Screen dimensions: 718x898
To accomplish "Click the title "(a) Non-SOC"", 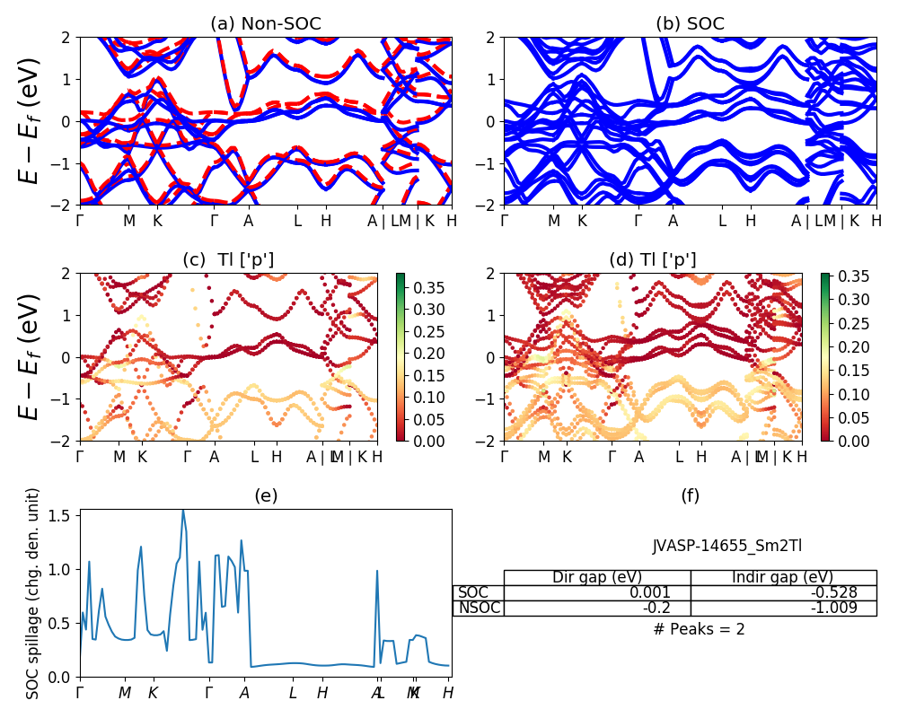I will point(265,24).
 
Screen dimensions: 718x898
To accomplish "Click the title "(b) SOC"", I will point(690,24).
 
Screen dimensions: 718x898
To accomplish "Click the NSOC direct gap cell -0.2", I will point(673,609).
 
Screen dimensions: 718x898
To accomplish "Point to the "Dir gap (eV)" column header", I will point(596,577).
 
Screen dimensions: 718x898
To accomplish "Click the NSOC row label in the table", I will point(479,609).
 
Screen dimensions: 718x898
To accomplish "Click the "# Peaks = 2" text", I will point(699,629).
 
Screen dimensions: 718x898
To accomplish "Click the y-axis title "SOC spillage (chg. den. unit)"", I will point(33,593).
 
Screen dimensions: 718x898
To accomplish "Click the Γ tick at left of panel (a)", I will point(80,220).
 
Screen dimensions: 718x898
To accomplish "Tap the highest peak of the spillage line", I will point(183,510).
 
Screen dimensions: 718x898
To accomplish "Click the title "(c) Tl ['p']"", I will point(228,260).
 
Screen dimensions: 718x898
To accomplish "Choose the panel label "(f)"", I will point(690,495).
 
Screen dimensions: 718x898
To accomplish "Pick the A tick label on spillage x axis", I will point(244,693).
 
